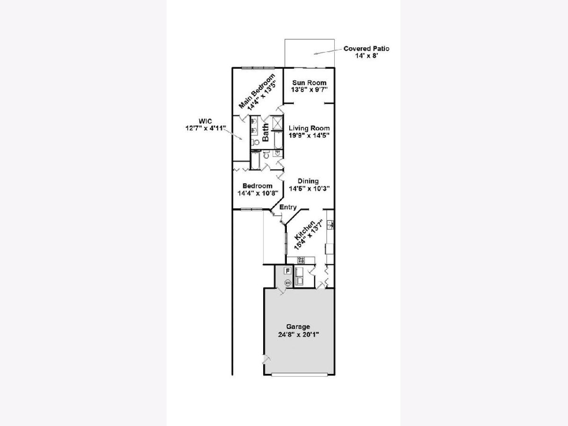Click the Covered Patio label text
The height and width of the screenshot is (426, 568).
(366, 49)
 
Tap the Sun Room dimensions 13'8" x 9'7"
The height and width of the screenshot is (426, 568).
(309, 90)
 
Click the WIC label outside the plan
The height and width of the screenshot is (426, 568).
(205, 121)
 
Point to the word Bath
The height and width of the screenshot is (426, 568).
(266, 133)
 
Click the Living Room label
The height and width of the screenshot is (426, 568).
(309, 128)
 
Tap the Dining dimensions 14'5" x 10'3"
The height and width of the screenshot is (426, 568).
(309, 188)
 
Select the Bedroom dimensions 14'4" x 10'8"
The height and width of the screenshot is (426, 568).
(257, 193)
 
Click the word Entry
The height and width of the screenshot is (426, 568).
(288, 207)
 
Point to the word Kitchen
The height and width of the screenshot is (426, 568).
(304, 230)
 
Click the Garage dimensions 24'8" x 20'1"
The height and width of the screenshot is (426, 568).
(298, 335)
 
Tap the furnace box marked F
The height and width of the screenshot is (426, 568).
(287, 271)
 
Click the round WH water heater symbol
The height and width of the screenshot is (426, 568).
(287, 283)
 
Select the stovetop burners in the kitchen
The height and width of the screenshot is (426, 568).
(301, 260)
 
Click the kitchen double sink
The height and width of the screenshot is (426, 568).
(330, 224)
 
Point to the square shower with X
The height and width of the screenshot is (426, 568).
(278, 123)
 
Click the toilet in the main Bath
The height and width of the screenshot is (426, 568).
(256, 142)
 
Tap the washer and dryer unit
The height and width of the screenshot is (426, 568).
(300, 276)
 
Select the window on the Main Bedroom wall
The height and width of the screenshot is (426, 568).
(258, 68)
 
